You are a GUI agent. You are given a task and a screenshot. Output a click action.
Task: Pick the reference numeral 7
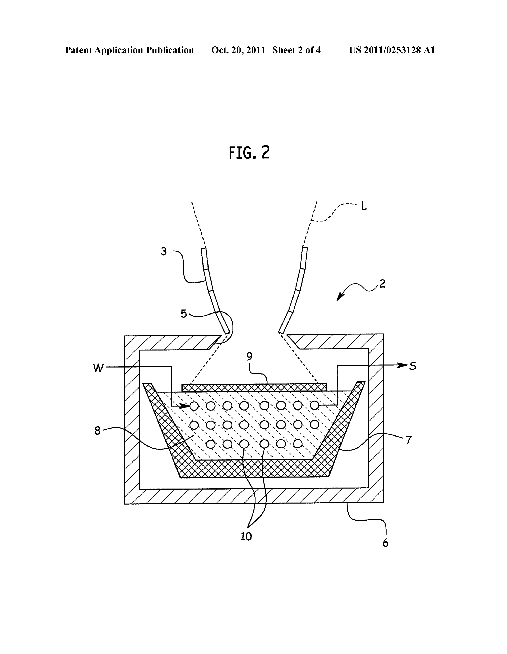pyautogui.click(x=409, y=440)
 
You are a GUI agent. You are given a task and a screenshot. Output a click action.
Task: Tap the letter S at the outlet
pyautogui.click(x=413, y=366)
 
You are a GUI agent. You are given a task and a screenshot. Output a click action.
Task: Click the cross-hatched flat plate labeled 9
pyautogui.click(x=254, y=387)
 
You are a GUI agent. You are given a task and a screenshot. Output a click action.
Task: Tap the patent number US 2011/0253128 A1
pyautogui.click(x=392, y=50)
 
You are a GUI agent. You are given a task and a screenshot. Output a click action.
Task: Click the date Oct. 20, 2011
pyautogui.click(x=238, y=50)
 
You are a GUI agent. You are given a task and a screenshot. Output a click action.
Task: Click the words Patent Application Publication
pyautogui.click(x=129, y=50)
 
